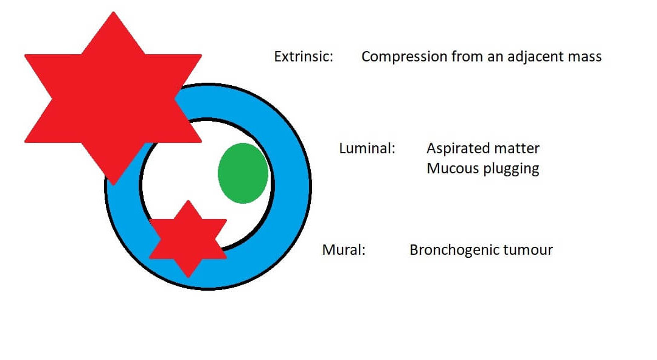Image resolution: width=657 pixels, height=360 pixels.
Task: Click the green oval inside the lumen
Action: tap(243, 173)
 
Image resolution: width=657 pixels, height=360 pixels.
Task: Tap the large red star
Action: tap(113, 99)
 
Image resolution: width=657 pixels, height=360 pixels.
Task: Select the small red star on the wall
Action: tap(188, 239)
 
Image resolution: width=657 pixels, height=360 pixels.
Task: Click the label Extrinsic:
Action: tap(304, 57)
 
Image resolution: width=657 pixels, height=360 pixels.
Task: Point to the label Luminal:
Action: tap(367, 148)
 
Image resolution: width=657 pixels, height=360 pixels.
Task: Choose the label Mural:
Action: tap(344, 250)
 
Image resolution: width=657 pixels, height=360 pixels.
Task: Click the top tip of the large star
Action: tap(113, 12)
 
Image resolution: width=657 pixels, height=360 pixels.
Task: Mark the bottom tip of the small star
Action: tap(188, 277)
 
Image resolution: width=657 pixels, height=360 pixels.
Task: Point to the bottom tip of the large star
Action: tap(113, 185)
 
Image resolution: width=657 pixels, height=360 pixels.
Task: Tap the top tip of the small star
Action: tap(188, 201)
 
